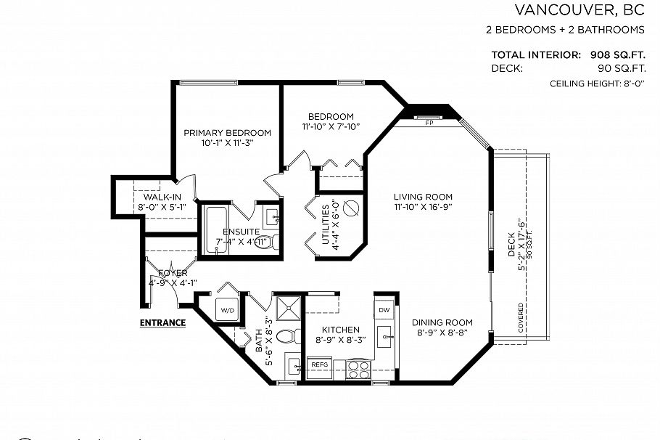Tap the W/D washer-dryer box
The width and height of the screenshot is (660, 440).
coord(228,310)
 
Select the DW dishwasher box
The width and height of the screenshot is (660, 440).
coord(384,310)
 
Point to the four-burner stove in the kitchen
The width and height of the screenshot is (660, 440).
coord(358,370)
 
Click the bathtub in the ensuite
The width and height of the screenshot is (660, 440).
coord(215,230)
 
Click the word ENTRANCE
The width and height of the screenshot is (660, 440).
coord(162,322)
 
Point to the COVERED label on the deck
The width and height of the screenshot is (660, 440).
coord(521,318)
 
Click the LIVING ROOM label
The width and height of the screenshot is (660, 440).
coord(423,197)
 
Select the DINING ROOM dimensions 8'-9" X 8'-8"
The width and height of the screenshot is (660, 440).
coord(442,333)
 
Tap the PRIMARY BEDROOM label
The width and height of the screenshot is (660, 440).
coord(227,133)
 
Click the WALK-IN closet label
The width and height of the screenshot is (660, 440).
coord(162,197)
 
